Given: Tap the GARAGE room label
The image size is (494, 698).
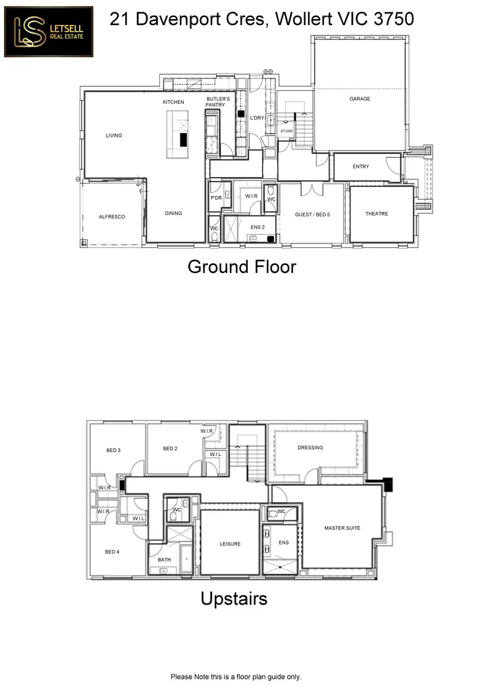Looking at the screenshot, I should tap(360, 99).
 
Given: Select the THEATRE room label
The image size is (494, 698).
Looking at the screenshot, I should tap(377, 214).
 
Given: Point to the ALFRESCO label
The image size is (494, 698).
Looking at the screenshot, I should tap(112, 216).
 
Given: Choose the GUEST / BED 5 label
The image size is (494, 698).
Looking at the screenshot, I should tap(312, 214).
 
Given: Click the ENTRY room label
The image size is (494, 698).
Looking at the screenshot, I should tap(361, 166).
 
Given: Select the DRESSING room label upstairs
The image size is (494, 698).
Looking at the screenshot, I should tap(310, 448).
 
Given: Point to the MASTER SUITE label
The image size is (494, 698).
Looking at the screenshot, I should tap(342, 528).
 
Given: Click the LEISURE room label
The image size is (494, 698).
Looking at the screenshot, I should tap(230, 544).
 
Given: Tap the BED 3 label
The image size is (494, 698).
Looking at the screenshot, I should tap(113, 451).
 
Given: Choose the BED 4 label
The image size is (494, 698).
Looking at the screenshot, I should tap(113, 552).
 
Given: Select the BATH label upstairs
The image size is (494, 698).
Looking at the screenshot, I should tap(164, 560).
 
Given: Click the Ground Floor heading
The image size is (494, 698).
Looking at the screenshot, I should tap(242, 266).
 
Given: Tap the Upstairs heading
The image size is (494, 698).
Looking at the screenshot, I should tap(234, 599).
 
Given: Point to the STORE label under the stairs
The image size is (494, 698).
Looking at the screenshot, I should tap(286, 131).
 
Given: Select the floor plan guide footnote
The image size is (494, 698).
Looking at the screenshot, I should tap(236, 676).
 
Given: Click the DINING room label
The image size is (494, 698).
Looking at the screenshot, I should tap(173, 213).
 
